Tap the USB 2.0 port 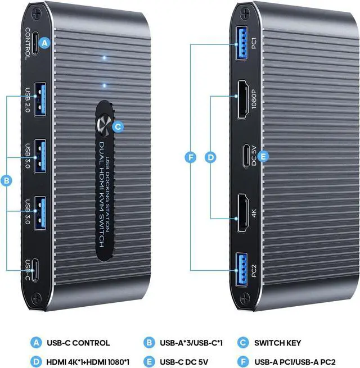pyautogui.click(x=39, y=101)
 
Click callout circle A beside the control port pyautogui.click(x=46, y=41)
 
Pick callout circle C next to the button pyautogui.click(x=117, y=126)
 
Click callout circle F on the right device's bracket pyautogui.click(x=191, y=158)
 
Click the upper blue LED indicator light pyautogui.click(x=103, y=58)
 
